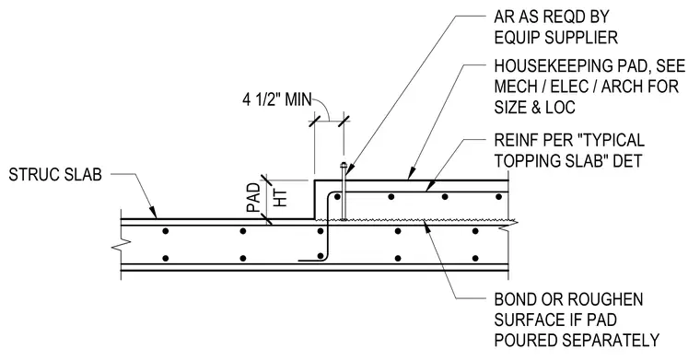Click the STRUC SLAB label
pyautogui.click(x=55, y=175)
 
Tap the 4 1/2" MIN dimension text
pyautogui.click(x=277, y=99)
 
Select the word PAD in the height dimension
pyautogui.click(x=253, y=198)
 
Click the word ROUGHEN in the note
pyautogui.click(x=608, y=299)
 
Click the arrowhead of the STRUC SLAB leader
pyautogui.click(x=154, y=214)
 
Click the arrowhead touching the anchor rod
pyautogui.click(x=349, y=170)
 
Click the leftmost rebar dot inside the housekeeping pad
pyautogui.click(x=337, y=197)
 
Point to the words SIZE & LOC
pyautogui.click(x=534, y=108)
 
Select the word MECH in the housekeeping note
pyautogui.click(x=515, y=87)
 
